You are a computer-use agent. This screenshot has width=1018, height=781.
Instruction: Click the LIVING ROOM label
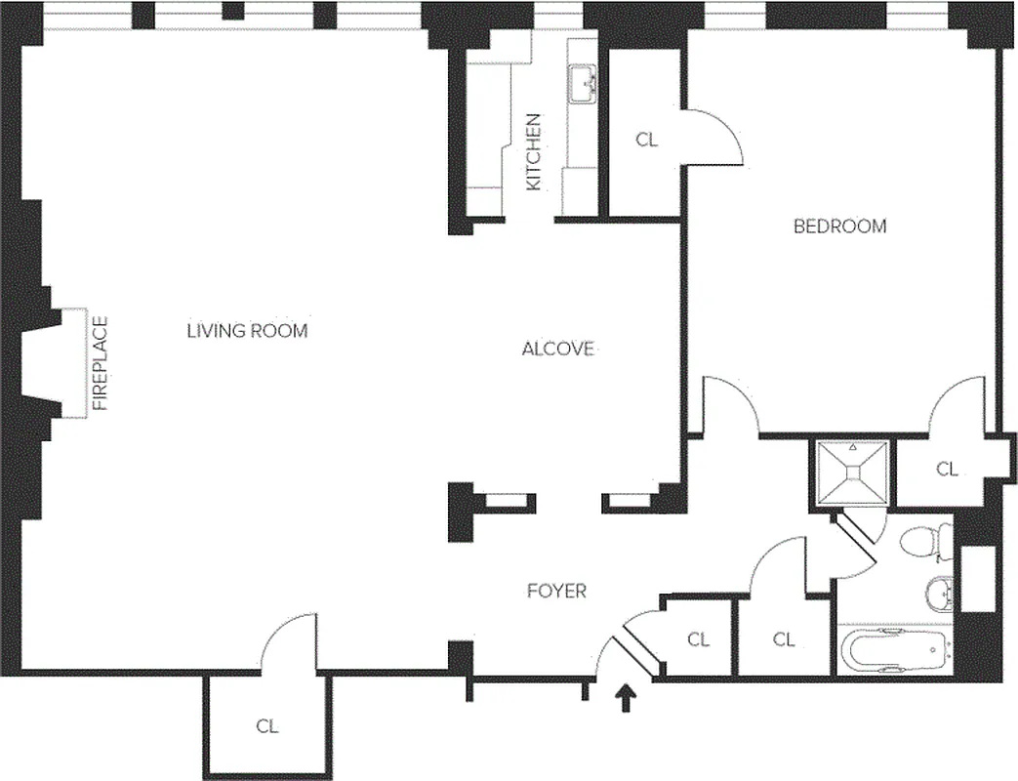[247, 331]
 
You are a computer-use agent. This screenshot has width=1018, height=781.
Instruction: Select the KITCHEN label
[534, 152]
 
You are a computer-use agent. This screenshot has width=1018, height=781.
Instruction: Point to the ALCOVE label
[557, 349]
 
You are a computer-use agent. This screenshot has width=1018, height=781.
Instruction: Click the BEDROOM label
[839, 226]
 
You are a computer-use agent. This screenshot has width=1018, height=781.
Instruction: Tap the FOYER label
[556, 591]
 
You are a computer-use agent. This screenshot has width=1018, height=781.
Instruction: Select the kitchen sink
[584, 84]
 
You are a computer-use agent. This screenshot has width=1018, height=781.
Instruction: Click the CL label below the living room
[267, 726]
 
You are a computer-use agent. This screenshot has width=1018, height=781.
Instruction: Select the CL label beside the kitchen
[646, 140]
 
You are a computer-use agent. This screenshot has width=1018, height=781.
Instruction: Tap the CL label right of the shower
[947, 470]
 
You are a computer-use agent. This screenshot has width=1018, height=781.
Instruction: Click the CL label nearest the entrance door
[698, 640]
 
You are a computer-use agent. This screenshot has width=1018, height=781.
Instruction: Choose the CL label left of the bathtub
[784, 640]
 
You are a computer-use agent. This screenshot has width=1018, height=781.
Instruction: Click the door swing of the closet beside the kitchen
[717, 137]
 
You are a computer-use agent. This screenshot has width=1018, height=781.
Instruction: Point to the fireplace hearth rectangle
[75, 362]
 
